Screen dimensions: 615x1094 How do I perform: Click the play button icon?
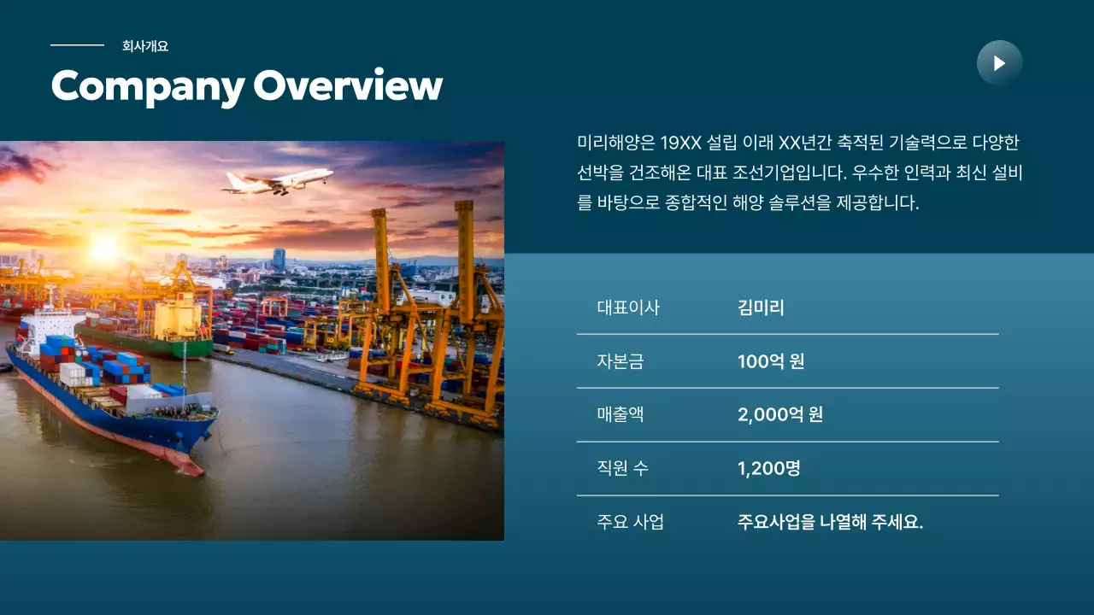pyautogui.click(x=999, y=63)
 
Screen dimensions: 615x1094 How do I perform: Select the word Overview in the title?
pyautogui.click(x=348, y=86)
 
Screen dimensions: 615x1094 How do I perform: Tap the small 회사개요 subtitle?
pyautogui.click(x=145, y=46)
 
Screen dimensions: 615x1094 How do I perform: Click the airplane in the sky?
pyautogui.click(x=278, y=180)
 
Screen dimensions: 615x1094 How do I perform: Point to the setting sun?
pyautogui.click(x=103, y=248)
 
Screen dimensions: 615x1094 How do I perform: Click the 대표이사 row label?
pyautogui.click(x=628, y=307)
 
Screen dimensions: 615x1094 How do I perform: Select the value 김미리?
pyautogui.click(x=761, y=307)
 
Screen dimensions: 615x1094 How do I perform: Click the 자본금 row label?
pyautogui.click(x=621, y=361)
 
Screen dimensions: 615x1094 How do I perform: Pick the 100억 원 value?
pyautogui.click(x=771, y=361)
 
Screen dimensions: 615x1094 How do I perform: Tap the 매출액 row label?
pyautogui.click(x=621, y=415)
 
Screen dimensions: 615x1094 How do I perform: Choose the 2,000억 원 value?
pyautogui.click(x=780, y=415)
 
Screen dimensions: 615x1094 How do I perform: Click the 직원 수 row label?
pyautogui.click(x=622, y=468)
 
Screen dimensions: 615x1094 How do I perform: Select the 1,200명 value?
pyautogui.click(x=769, y=468)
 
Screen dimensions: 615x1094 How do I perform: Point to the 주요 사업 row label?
pyautogui.click(x=630, y=522)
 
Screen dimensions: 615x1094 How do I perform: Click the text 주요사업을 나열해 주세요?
pyautogui.click(x=830, y=522)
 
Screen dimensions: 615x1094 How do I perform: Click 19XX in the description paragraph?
pyautogui.click(x=680, y=142)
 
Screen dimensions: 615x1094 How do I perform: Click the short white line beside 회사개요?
pyautogui.click(x=77, y=45)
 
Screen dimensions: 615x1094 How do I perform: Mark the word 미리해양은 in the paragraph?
pyautogui.click(x=615, y=142)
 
